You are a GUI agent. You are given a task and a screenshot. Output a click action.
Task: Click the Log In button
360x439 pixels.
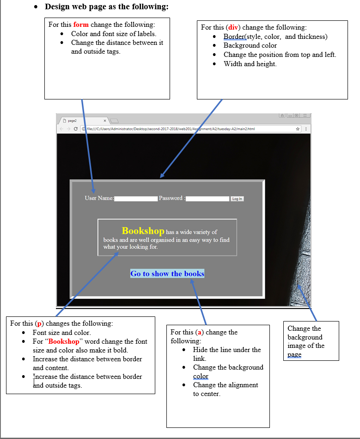237,199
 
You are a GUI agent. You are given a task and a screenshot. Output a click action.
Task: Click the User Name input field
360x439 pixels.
136,199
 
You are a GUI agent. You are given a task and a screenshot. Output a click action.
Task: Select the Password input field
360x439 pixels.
207,199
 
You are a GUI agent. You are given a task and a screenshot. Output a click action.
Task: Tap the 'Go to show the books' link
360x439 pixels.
167,273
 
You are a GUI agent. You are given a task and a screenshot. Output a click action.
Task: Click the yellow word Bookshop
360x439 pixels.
143,230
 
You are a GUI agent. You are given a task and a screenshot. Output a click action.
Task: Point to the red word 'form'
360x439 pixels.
81,25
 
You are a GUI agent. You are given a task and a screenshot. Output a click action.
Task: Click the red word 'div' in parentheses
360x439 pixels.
232,27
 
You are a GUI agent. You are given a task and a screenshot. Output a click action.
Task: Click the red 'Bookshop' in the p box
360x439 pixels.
64,341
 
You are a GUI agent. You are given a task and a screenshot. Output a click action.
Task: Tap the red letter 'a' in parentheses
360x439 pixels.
200,332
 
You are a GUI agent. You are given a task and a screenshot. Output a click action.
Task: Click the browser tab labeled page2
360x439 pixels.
79,120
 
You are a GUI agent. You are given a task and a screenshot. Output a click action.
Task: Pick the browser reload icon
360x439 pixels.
76,129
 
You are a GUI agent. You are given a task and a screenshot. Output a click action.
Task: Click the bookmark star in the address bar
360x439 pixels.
298,129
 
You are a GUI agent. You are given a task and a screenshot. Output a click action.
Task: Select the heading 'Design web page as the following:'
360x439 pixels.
106,7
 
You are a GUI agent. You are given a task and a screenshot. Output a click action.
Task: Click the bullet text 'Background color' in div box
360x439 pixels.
250,45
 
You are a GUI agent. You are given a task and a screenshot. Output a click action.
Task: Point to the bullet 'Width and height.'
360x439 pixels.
250,63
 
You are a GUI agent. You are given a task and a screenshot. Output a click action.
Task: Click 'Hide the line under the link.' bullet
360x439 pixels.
227,354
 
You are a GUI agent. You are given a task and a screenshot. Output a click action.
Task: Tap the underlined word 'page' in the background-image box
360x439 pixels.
294,354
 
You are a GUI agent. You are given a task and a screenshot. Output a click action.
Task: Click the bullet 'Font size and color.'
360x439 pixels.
61,332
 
